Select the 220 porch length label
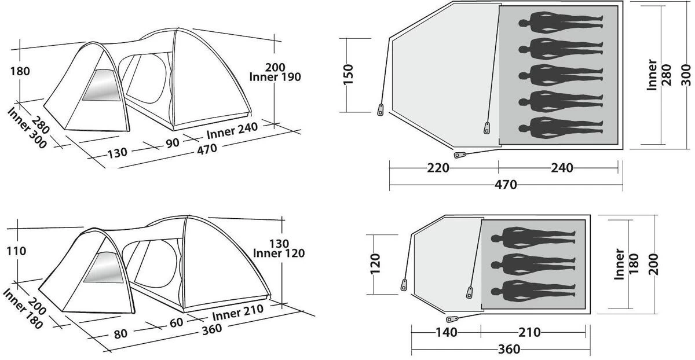point(438,168)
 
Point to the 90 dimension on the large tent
point(173,142)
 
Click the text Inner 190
point(275,77)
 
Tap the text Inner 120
point(279,253)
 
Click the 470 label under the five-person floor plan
point(506,185)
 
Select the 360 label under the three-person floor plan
point(509,349)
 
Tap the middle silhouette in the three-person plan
point(533,265)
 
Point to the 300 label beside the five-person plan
point(686,74)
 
